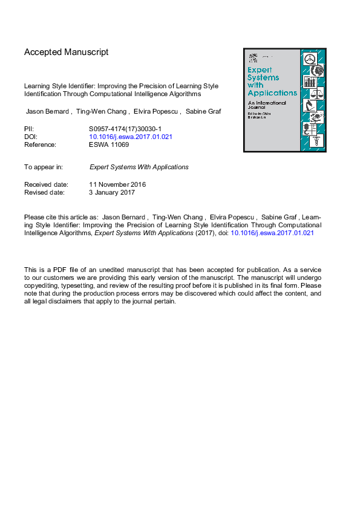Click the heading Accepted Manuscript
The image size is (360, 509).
(67, 52)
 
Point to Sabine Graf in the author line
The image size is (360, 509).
(202, 112)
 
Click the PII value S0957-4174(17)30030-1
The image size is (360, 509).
(125, 129)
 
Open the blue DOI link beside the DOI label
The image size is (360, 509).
(131, 137)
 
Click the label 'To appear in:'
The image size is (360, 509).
(44, 167)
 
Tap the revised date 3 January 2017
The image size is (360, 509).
(112, 193)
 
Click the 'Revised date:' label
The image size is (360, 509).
(45, 193)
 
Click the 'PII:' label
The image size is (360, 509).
(29, 129)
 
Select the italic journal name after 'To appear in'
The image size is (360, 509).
(139, 167)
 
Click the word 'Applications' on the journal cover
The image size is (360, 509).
(272, 93)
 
